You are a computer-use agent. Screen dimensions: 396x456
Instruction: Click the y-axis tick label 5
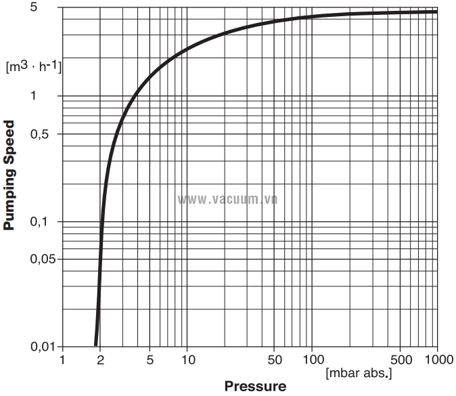click(x=52, y=7)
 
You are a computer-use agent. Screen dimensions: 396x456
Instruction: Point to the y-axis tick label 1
click(x=52, y=95)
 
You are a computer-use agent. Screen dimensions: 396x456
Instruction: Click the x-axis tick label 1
click(x=62, y=359)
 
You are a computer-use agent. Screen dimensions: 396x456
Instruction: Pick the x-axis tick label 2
click(x=100, y=359)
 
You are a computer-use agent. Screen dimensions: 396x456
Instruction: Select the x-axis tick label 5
click(x=150, y=359)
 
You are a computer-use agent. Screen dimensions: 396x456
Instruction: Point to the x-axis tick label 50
click(x=275, y=359)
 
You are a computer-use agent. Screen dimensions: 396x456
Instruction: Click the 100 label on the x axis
click(x=312, y=359)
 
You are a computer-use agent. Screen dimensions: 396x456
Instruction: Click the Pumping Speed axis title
click(x=9, y=175)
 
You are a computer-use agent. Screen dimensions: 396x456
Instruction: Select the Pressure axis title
click(x=255, y=387)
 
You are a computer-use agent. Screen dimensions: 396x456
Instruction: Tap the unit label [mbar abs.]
click(x=359, y=372)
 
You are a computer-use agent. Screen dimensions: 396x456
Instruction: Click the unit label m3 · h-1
click(x=33, y=66)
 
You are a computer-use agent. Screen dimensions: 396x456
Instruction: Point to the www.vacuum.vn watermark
click(x=227, y=199)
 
